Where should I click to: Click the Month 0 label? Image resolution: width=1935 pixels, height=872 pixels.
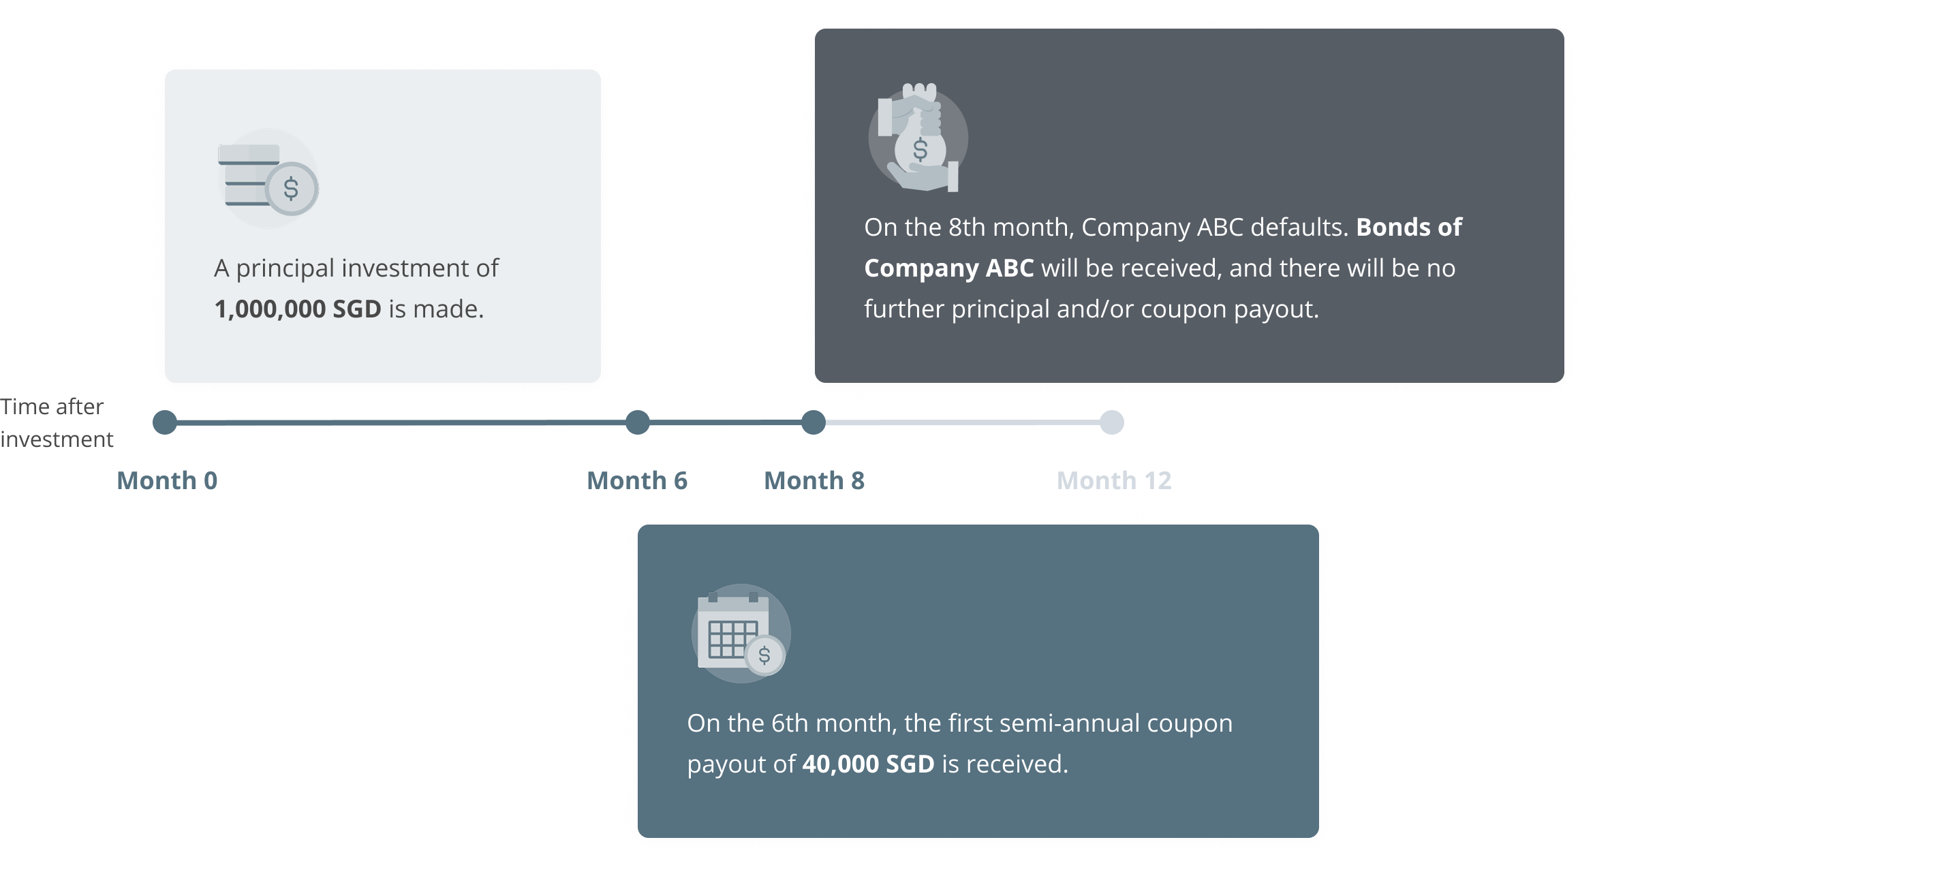pyautogui.click(x=167, y=481)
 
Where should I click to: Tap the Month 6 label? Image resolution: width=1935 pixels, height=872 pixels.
pyautogui.click(x=637, y=481)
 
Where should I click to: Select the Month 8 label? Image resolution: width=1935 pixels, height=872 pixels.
pyautogui.click(x=814, y=481)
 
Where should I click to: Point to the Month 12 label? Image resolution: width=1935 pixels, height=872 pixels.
pyautogui.click(x=1114, y=481)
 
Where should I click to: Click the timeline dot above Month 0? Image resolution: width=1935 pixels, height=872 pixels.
pyautogui.click(x=164, y=422)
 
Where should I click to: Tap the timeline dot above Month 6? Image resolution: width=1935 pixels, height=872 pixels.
pyautogui.click(x=637, y=422)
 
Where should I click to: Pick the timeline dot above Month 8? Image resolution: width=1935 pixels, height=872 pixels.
pyautogui.click(x=813, y=422)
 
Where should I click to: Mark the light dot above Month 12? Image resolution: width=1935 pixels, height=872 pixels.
pyautogui.click(x=1112, y=422)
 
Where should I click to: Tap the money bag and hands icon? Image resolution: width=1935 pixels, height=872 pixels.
pyautogui.click(x=918, y=138)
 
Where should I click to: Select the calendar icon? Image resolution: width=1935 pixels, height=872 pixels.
pyautogui.click(x=740, y=633)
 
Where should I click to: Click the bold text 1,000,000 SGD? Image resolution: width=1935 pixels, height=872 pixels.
pyautogui.click(x=298, y=309)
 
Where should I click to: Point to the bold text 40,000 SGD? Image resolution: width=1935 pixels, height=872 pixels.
pyautogui.click(x=867, y=764)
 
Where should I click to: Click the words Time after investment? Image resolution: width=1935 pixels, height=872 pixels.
pyautogui.click(x=57, y=422)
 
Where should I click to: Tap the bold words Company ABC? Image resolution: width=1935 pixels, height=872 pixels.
pyautogui.click(x=948, y=268)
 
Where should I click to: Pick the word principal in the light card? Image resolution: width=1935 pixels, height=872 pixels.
pyautogui.click(x=285, y=268)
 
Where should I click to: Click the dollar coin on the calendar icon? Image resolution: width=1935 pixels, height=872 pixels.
pyautogui.click(x=764, y=655)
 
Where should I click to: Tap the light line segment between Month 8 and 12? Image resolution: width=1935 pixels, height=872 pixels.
pyautogui.click(x=961, y=423)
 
